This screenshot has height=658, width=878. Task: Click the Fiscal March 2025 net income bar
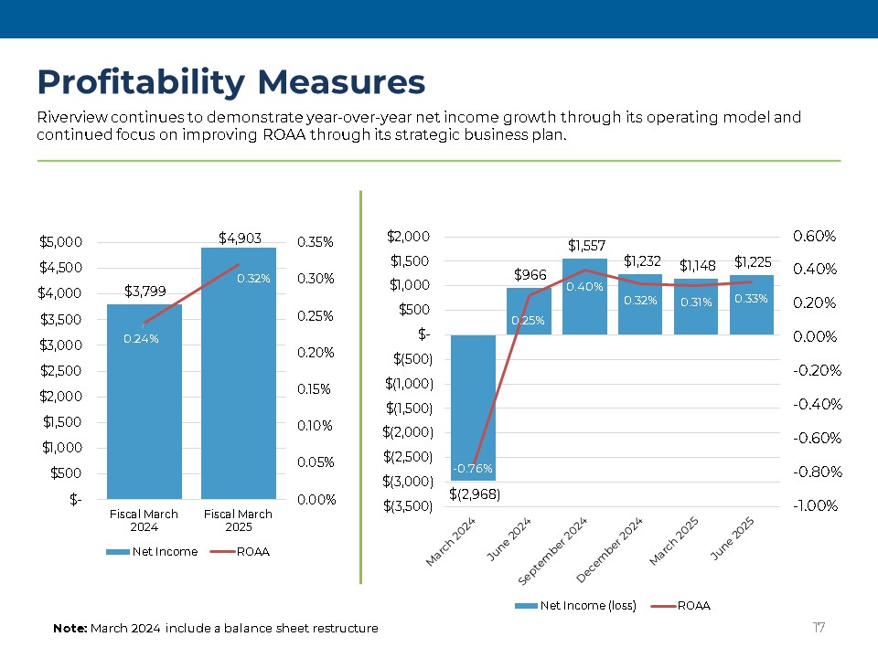pyautogui.click(x=239, y=384)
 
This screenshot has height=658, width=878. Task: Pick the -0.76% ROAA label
pyautogui.click(x=472, y=469)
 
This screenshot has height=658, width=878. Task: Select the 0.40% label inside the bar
pyautogui.click(x=584, y=287)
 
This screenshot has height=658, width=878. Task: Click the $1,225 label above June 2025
pyautogui.click(x=752, y=261)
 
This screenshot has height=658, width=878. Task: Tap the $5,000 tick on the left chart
pyautogui.click(x=61, y=242)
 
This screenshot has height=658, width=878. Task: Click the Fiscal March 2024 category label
pyautogui.click(x=144, y=520)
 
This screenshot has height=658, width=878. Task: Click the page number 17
pyautogui.click(x=819, y=627)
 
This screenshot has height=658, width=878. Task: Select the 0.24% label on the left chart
pyautogui.click(x=141, y=338)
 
